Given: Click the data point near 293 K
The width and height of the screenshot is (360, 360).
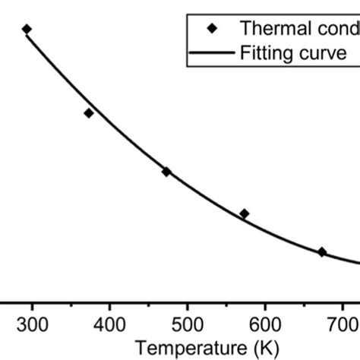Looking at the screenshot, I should coord(27,30).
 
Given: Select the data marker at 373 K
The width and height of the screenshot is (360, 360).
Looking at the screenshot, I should coord(89,113).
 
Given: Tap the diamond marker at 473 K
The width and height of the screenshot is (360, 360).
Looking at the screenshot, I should coord(166,172).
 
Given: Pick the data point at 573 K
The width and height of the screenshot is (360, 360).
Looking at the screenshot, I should coord(244,213).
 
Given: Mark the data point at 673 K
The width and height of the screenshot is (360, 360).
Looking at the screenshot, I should coord(322,251).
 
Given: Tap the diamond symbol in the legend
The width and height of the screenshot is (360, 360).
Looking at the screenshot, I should coord(213,29).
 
